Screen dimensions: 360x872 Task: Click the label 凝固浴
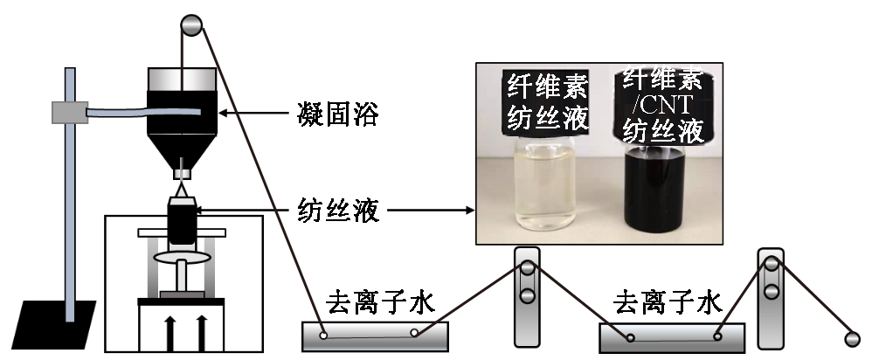coord(336,114)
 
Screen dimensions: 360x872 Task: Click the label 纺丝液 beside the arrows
coord(336,210)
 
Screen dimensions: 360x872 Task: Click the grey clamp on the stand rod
coord(69,112)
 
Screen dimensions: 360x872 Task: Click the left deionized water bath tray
coord(375,335)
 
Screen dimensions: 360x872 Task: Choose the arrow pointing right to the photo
coord(428,210)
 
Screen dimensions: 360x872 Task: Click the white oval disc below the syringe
coord(180,259)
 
